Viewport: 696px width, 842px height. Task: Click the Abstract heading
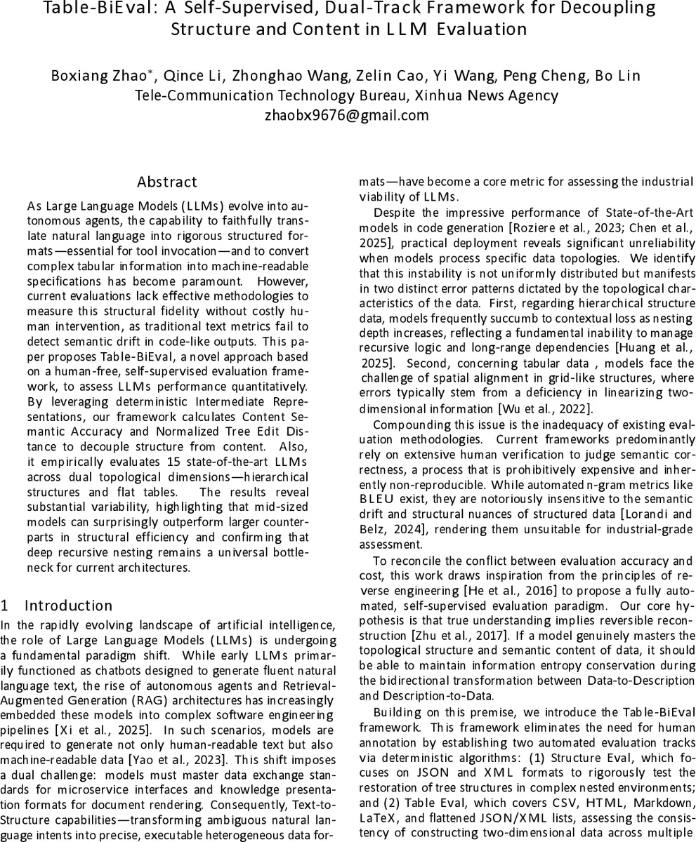(167, 182)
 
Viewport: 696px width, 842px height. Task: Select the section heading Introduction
(68, 606)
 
